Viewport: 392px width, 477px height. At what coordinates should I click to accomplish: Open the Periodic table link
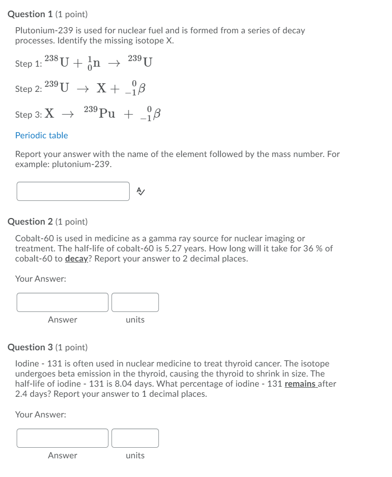(x=41, y=135)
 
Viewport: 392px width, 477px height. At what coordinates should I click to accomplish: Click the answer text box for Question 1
(x=73, y=191)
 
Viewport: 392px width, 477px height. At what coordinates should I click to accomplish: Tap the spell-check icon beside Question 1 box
(x=141, y=191)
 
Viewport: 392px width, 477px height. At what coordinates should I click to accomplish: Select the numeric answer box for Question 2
(x=63, y=302)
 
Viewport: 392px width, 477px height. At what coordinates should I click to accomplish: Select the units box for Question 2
(x=135, y=302)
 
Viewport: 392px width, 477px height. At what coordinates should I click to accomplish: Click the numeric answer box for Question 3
(x=63, y=438)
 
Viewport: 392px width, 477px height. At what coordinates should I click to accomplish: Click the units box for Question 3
(x=135, y=438)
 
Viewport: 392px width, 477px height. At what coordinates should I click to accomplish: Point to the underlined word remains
(x=300, y=384)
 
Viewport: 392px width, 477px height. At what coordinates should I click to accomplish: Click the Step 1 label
(x=28, y=64)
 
